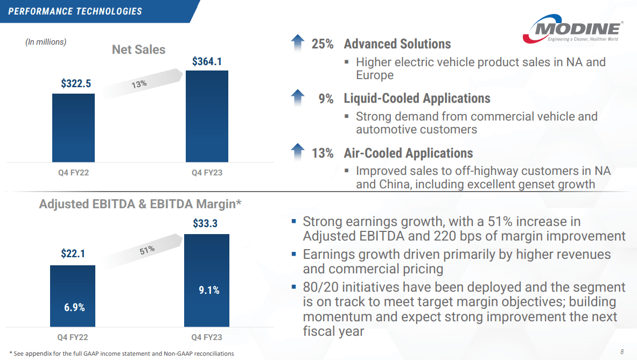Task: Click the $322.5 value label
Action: pos(76,84)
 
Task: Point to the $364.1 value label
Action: pos(207,61)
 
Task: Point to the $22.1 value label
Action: pos(72,253)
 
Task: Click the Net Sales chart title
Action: pos(138,50)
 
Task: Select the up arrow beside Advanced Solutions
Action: pos(297,43)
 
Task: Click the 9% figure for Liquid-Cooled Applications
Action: pos(325,98)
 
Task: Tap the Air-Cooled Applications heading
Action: pos(408,153)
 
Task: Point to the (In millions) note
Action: pos(46,41)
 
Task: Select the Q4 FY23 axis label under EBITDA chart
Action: pos(207,337)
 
